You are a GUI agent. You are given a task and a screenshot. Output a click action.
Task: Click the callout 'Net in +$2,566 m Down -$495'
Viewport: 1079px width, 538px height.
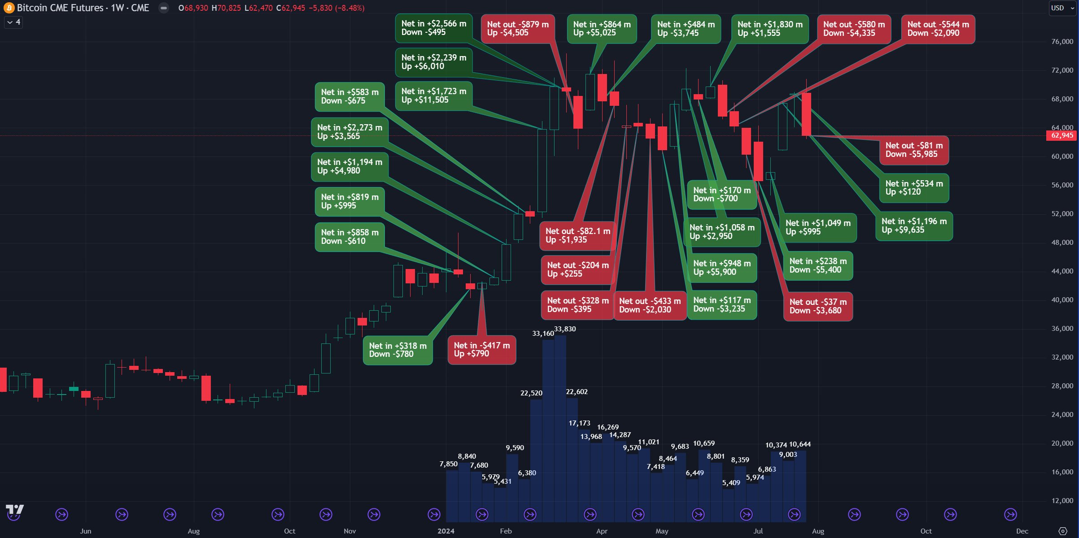click(x=433, y=28)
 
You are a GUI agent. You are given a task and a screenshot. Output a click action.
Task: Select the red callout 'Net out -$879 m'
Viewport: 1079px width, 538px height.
click(x=517, y=29)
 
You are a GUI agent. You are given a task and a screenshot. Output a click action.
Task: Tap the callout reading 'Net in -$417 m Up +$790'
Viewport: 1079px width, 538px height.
click(x=481, y=350)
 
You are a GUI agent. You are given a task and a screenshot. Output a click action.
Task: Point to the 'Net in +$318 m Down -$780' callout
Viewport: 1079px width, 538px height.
click(x=398, y=350)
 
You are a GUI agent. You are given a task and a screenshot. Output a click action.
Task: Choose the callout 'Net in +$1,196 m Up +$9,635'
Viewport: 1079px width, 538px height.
click(x=914, y=226)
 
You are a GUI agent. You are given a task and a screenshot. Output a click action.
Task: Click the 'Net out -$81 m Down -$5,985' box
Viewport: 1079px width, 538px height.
click(x=914, y=150)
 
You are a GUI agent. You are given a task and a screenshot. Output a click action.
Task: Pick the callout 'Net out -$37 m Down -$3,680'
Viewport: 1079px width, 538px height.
click(x=818, y=307)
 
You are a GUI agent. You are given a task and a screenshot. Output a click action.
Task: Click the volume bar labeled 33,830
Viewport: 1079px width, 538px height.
click(x=560, y=426)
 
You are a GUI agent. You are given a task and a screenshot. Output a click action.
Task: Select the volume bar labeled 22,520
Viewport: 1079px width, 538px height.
click(x=536, y=457)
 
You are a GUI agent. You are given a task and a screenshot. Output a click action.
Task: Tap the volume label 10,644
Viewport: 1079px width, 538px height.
click(x=799, y=445)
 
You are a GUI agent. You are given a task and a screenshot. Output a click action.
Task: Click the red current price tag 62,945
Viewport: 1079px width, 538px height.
click(x=1062, y=135)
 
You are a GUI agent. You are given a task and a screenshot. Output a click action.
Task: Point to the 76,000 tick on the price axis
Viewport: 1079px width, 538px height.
click(x=1062, y=42)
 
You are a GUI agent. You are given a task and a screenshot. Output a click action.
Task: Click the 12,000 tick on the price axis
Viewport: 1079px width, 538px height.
click(x=1062, y=501)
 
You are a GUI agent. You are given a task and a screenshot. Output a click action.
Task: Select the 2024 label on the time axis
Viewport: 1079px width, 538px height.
click(x=446, y=531)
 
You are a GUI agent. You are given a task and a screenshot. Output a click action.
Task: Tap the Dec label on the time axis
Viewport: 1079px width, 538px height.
click(x=1022, y=531)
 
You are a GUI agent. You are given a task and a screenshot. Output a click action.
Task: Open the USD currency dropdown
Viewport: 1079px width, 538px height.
click(x=1062, y=8)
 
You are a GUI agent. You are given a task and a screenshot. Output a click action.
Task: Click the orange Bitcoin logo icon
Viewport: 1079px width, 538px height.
click(x=9, y=8)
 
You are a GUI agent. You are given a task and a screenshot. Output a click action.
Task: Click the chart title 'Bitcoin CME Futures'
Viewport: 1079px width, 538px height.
click(x=61, y=8)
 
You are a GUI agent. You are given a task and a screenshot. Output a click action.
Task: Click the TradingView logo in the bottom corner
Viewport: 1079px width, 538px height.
click(x=14, y=510)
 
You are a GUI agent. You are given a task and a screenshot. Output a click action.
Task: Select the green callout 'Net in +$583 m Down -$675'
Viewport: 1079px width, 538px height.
click(x=349, y=96)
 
